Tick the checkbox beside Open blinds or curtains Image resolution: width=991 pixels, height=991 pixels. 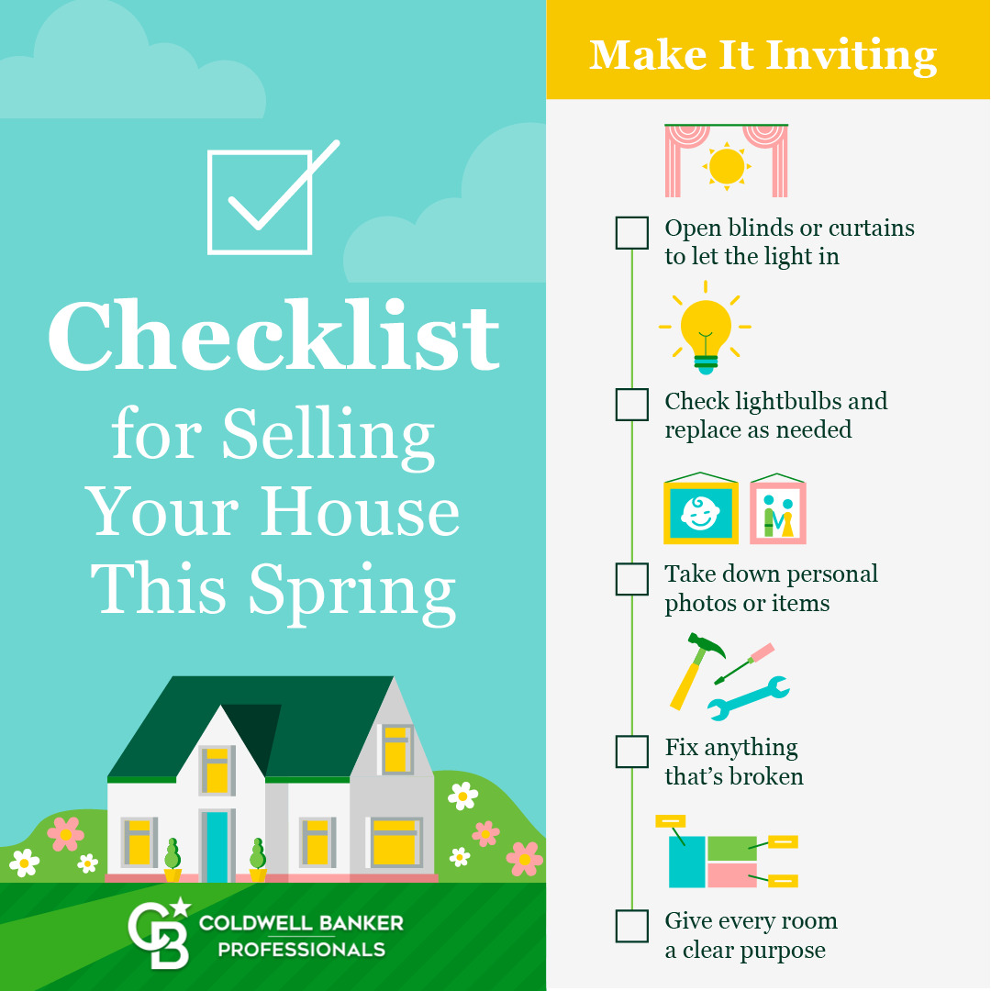click(631, 232)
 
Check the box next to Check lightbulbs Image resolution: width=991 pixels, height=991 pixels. click(631, 405)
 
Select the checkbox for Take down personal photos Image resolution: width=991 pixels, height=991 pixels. click(631, 579)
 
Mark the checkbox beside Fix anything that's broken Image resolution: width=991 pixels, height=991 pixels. click(631, 752)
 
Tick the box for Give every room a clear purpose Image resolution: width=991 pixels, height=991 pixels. click(631, 926)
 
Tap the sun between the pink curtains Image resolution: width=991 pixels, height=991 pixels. click(727, 166)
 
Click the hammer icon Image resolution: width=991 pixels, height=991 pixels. click(696, 670)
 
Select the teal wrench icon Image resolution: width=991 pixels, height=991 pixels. click(749, 698)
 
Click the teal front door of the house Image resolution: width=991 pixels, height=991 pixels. click(217, 846)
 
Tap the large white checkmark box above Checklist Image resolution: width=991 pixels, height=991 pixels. click(260, 202)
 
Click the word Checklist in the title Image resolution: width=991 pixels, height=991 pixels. click(274, 335)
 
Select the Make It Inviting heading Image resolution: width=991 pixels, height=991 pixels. click(763, 56)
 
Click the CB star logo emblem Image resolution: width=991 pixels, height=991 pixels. click(160, 933)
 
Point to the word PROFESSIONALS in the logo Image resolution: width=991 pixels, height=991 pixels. click(302, 950)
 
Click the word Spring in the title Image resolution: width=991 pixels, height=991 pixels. click(352, 590)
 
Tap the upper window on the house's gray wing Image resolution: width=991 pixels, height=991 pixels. click(396, 750)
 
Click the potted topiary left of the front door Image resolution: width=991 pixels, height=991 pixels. click(173, 860)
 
